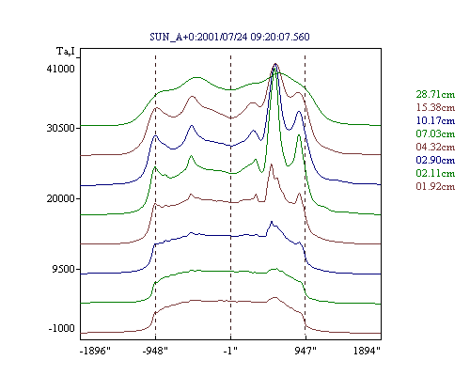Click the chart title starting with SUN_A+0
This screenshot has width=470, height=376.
229,37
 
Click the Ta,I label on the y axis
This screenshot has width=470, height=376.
66,51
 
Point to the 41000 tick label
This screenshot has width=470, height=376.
61,69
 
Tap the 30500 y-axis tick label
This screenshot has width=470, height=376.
61,128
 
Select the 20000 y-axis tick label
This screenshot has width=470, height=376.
61,198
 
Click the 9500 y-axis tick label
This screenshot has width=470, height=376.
64,269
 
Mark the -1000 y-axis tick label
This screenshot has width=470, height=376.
62,328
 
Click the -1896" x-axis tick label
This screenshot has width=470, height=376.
95,351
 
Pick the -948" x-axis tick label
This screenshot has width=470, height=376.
155,351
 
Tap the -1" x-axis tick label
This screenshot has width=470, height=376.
230,351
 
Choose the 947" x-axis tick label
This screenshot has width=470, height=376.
305,351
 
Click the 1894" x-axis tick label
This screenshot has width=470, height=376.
367,351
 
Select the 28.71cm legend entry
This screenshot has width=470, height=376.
435,94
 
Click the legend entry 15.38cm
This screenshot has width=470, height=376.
435,107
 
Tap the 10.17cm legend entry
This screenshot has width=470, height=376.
435,120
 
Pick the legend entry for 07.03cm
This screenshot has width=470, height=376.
435,133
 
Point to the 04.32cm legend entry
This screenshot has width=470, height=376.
435,147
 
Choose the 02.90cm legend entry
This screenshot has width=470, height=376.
435,160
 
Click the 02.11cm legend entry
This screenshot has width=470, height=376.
435,173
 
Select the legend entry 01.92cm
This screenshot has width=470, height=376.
435,186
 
